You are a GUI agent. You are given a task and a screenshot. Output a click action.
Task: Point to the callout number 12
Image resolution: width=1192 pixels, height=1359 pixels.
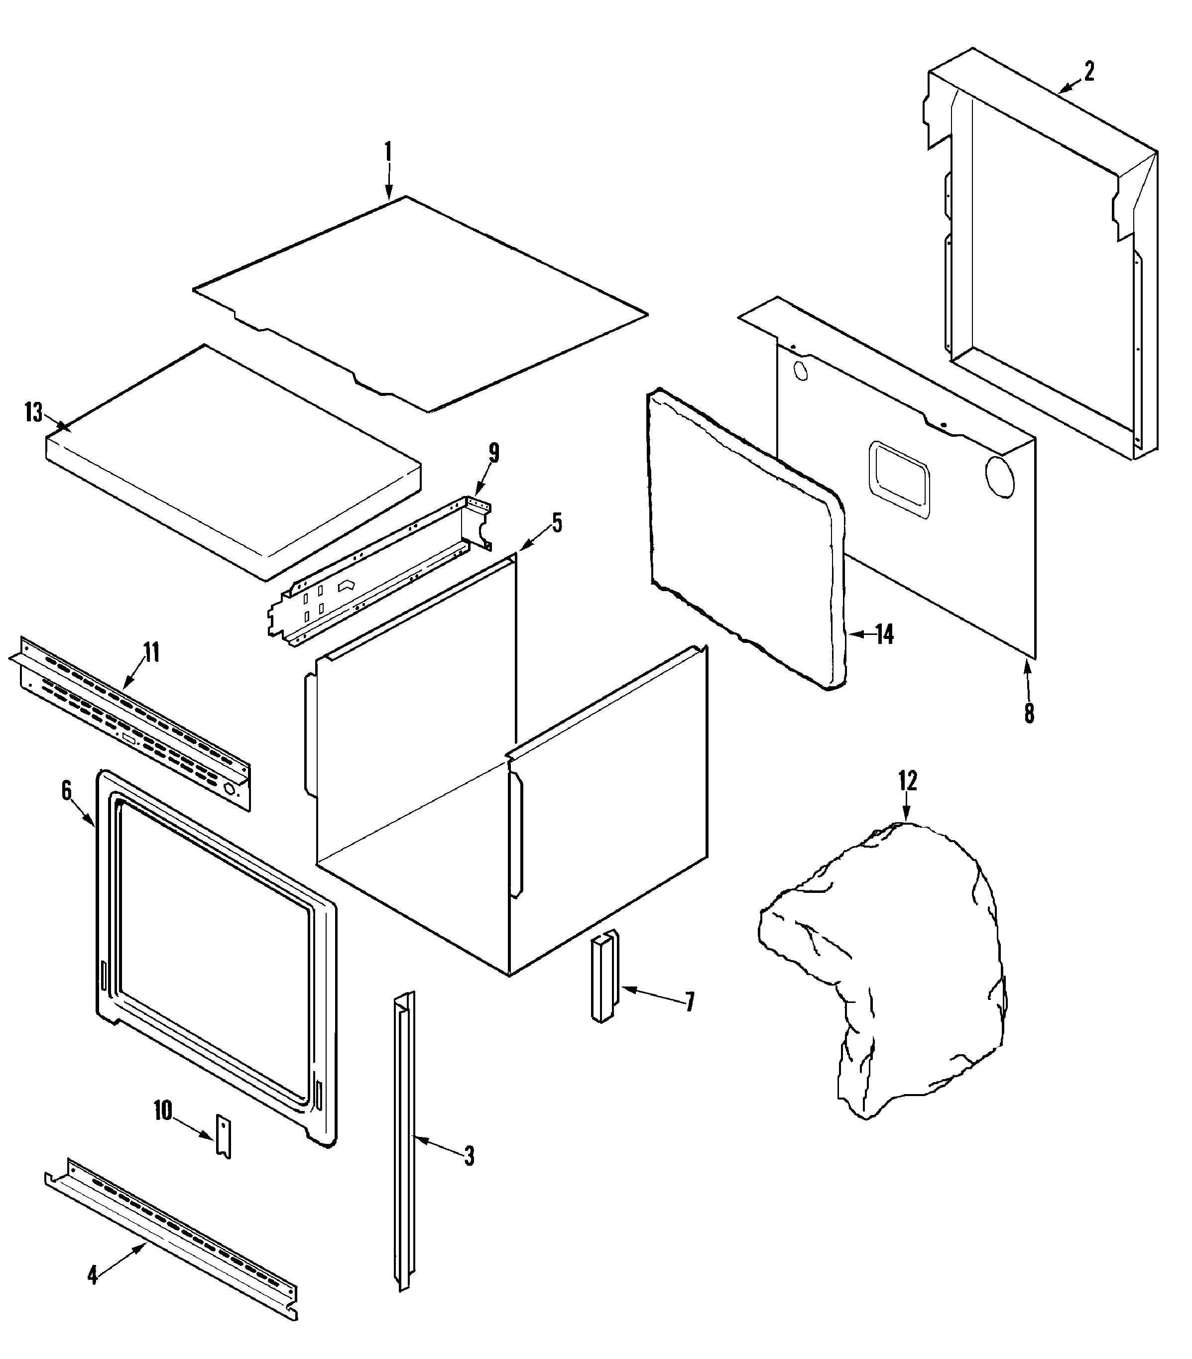pyautogui.click(x=908, y=780)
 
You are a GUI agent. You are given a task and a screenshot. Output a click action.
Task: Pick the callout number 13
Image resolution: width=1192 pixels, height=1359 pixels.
pyautogui.click(x=33, y=413)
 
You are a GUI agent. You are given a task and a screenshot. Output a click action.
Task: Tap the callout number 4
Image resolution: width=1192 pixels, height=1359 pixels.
pyautogui.click(x=93, y=1275)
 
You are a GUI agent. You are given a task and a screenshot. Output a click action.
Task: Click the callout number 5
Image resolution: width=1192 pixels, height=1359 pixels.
pyautogui.click(x=557, y=522)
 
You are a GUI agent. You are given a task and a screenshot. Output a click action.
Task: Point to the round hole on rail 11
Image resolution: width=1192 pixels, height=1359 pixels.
pyautogui.click(x=230, y=790)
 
